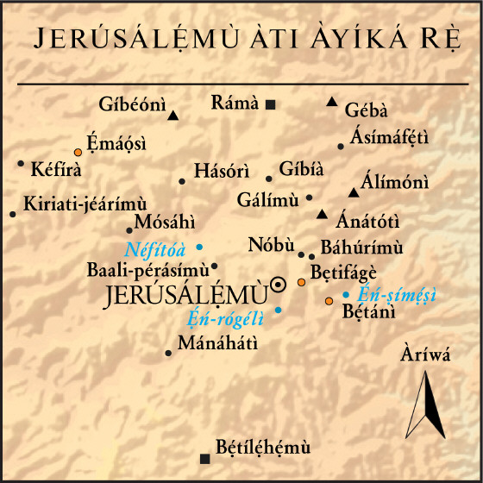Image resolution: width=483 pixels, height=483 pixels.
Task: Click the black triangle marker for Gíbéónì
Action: pyautogui.click(x=173, y=115)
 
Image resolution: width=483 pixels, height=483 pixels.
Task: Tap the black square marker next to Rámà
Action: pyautogui.click(x=270, y=104)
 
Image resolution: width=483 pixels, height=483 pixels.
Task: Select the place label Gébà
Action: pyautogui.click(x=366, y=111)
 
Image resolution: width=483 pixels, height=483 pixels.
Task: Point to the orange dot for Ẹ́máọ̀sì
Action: pyautogui.click(x=78, y=152)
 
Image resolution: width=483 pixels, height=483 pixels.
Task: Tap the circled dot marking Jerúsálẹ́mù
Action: pyautogui.click(x=279, y=284)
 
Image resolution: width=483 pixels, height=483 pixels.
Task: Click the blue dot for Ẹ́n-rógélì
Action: pyautogui.click(x=278, y=309)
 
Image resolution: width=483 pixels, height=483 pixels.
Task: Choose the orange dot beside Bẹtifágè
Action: pyautogui.click(x=301, y=282)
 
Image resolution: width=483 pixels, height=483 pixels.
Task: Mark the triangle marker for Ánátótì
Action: pyautogui.click(x=322, y=214)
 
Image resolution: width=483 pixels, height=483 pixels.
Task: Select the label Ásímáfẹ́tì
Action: pyautogui.click(x=390, y=138)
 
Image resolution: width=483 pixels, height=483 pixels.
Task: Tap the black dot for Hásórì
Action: pyautogui.click(x=182, y=181)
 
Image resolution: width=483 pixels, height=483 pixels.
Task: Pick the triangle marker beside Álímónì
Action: pyautogui.click(x=353, y=191)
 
